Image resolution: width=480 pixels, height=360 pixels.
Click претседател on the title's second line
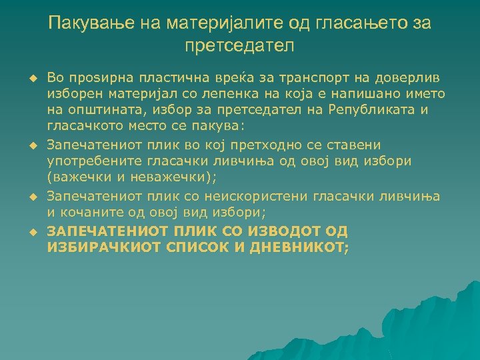coord(239,47)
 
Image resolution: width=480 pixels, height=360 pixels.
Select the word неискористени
coord(260,197)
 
